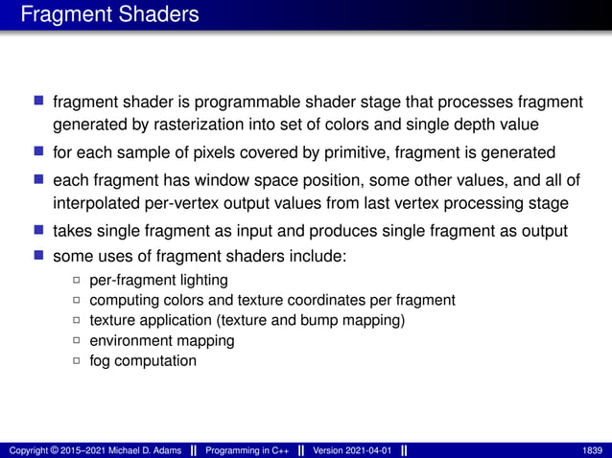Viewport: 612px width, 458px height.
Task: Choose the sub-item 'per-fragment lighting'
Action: pyautogui.click(x=158, y=281)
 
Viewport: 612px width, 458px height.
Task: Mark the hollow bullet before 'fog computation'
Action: pyautogui.click(x=77, y=361)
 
